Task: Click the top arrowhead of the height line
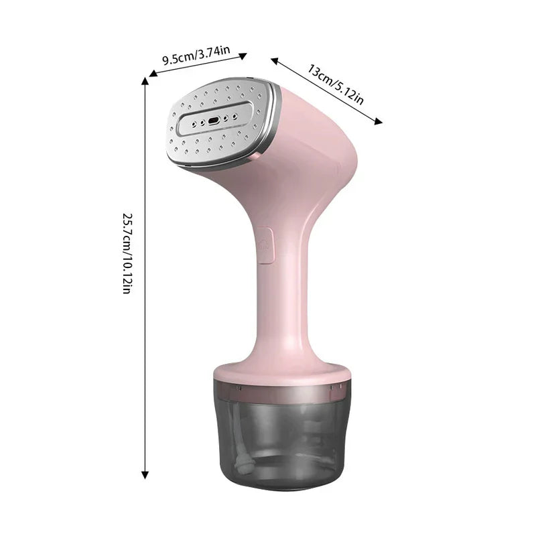(x=145, y=81)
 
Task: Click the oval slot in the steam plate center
(x=214, y=121)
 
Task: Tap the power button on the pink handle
(x=263, y=243)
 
